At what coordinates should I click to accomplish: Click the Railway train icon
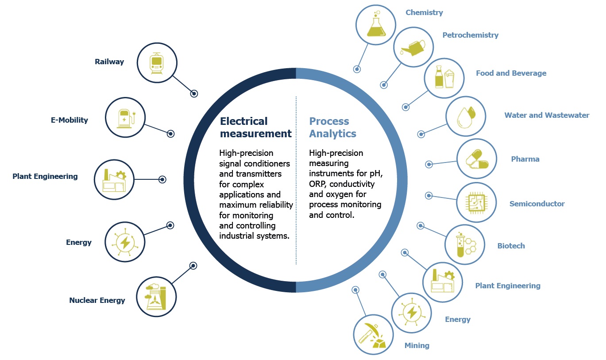157,63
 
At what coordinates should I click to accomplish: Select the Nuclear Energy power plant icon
156,297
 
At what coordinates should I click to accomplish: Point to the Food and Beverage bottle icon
444,77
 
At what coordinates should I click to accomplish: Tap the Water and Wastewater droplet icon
466,116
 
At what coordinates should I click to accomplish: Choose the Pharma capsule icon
477,159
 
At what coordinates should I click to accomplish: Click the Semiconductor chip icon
476,202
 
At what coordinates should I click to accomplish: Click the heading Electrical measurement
256,127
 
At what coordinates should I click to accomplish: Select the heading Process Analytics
332,127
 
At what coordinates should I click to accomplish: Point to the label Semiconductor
537,204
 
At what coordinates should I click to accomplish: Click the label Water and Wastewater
547,115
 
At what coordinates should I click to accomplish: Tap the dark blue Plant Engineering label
45,177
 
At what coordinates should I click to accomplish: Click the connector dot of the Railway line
194,94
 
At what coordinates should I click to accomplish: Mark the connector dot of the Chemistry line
357,69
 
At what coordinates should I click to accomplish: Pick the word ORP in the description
318,184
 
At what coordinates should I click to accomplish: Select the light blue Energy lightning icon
412,313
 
